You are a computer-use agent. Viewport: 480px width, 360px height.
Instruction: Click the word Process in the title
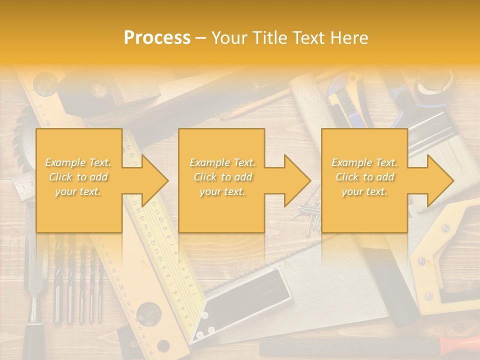point(157,38)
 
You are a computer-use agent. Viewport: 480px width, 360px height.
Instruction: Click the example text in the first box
point(78,177)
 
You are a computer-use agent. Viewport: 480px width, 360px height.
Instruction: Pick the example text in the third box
point(364,177)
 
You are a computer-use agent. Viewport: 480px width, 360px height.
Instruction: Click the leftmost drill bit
point(57,280)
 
